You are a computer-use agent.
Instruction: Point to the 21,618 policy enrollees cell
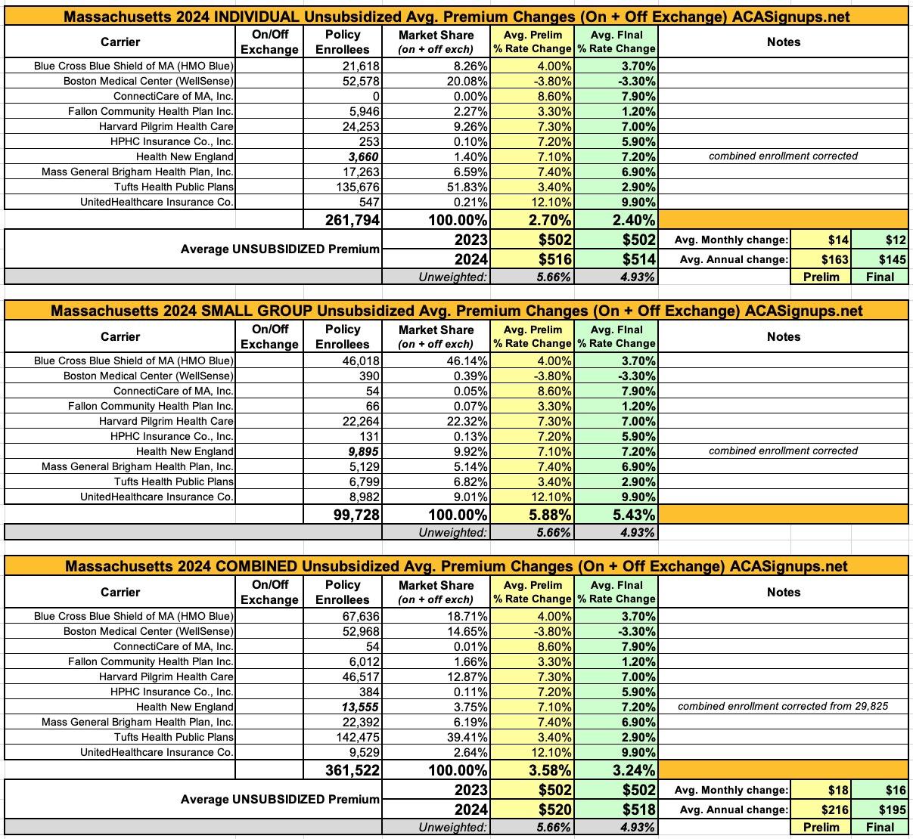pyautogui.click(x=360, y=66)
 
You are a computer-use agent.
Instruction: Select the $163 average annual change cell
pyautogui.click(x=831, y=259)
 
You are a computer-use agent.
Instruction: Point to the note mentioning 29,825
pyautogui.click(x=783, y=707)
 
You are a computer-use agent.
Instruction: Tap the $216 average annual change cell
pyautogui.click(x=831, y=810)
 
